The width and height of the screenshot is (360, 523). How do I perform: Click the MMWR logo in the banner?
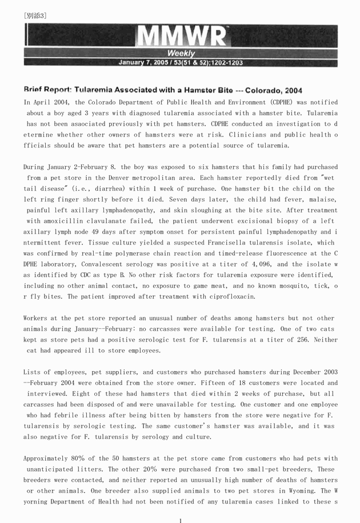coord(182,37)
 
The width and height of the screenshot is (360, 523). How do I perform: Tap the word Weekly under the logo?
coord(182,54)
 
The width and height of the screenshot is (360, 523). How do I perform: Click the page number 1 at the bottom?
coord(181,520)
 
